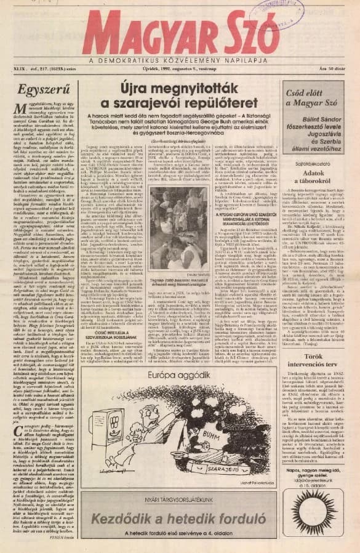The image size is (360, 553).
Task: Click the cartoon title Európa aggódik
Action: [174, 376]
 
